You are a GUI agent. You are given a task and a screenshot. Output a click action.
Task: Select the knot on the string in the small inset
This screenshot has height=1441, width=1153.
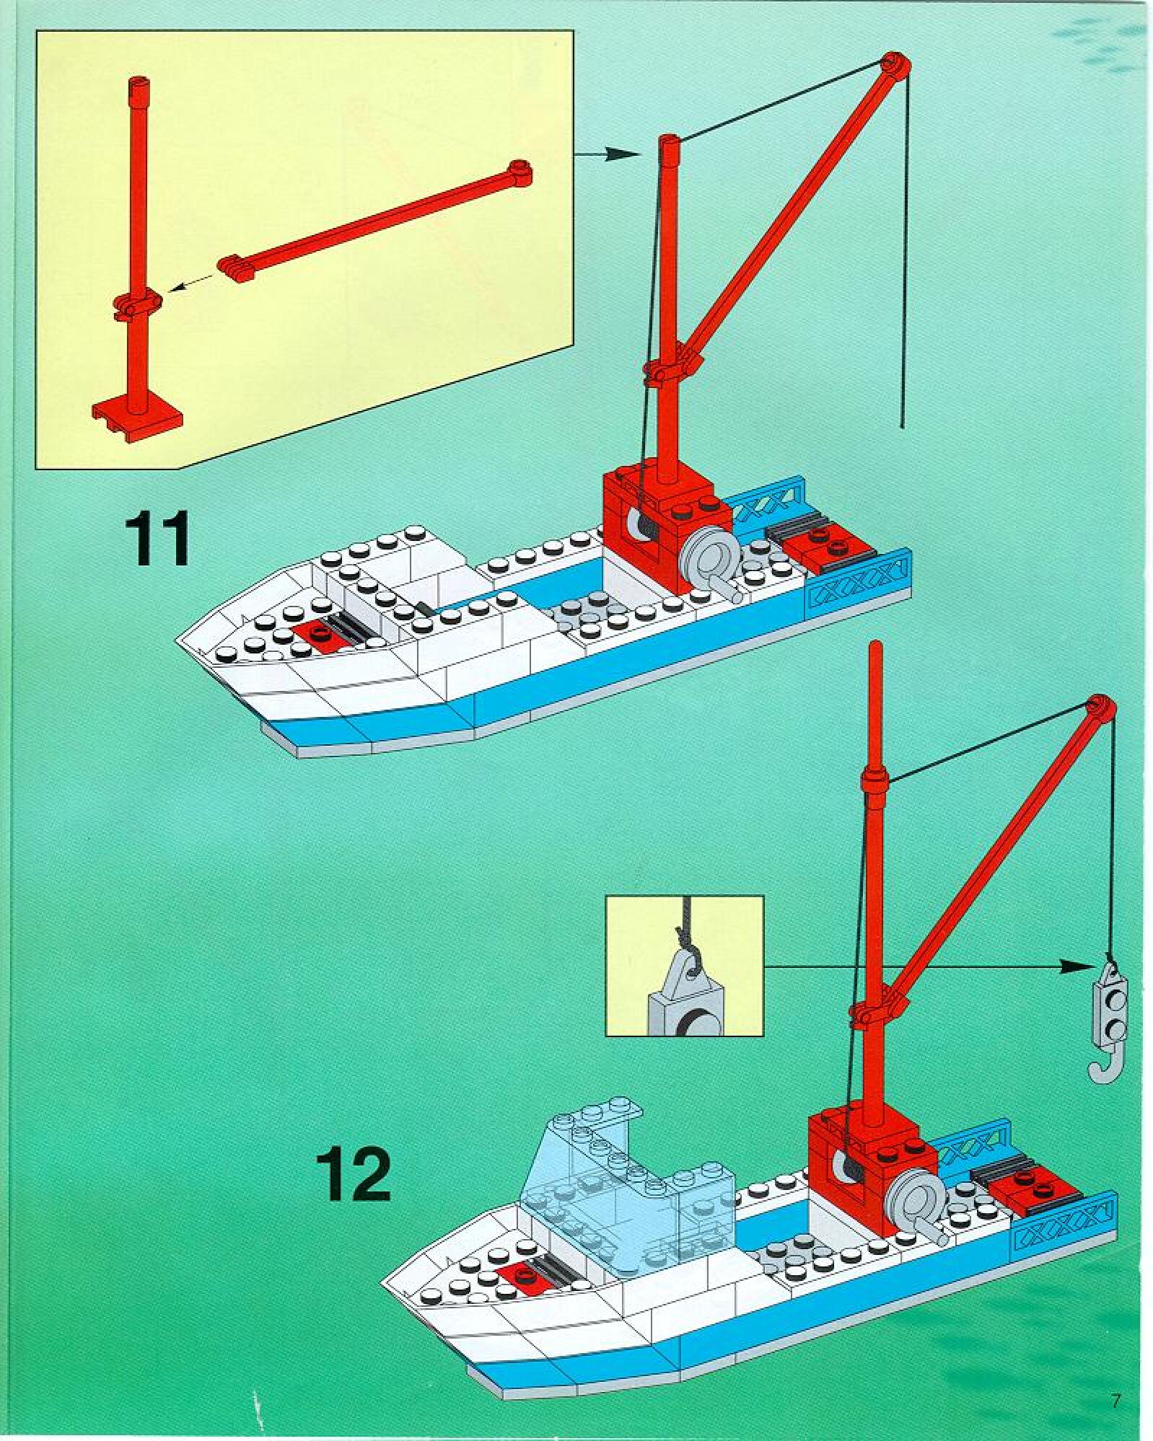coord(683,936)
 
